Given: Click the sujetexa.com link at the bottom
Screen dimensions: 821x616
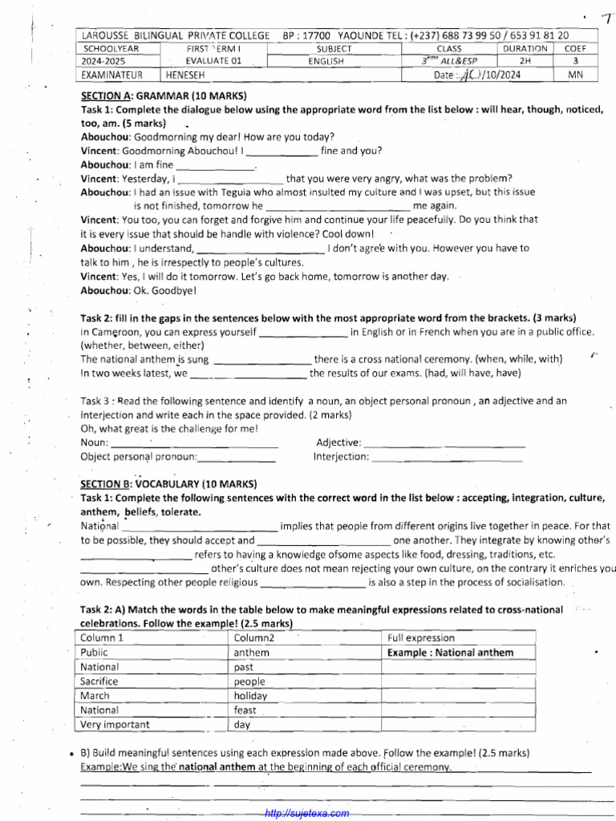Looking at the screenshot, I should [307, 813].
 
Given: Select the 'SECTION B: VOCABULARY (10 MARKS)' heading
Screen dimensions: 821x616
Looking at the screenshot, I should [168, 483].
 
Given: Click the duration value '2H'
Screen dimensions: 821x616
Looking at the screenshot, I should [525, 61].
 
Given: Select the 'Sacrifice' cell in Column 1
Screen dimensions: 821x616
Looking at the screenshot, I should [99, 681].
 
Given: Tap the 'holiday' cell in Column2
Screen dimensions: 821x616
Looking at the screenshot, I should [250, 696].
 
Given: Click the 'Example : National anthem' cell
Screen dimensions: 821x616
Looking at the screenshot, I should [450, 653].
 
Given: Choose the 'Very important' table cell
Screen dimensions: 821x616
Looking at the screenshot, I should [115, 725].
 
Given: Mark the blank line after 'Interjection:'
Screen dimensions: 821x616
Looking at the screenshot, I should [448, 457].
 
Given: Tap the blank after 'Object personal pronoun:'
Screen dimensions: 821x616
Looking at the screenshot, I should [237, 457].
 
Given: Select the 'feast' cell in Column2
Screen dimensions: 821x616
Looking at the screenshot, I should [245, 710].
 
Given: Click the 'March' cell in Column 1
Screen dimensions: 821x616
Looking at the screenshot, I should [95, 696].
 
